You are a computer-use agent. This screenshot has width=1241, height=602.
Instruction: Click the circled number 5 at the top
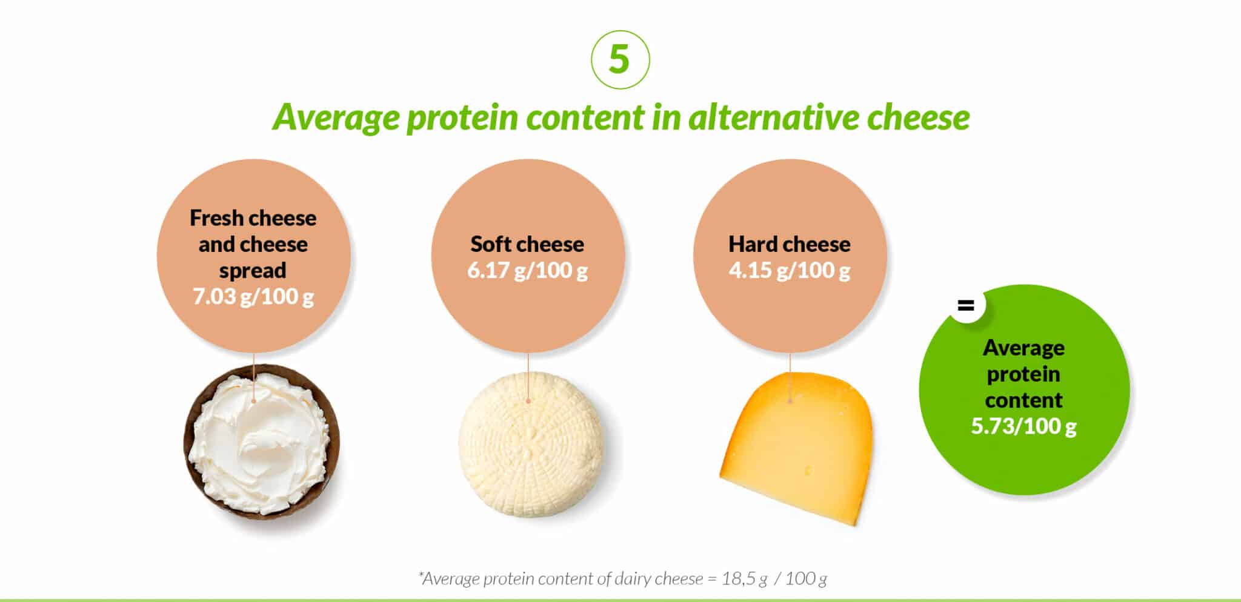[620, 59]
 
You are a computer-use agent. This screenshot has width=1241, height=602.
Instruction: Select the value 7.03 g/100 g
[253, 297]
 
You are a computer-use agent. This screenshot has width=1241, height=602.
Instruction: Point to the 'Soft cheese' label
[527, 244]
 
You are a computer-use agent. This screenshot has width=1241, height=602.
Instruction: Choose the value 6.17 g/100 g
[527, 270]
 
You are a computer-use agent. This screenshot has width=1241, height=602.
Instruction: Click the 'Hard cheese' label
[789, 244]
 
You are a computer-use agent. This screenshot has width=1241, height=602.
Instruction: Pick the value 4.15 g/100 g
[789, 270]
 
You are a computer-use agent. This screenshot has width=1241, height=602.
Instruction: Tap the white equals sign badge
[965, 305]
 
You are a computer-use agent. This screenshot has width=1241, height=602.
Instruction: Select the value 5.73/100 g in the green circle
[1023, 426]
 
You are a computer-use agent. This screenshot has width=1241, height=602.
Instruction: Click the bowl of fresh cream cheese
[261, 442]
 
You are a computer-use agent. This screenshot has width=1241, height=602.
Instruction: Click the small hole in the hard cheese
[808, 470]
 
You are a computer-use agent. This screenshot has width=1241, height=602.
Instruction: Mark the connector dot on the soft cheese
[528, 400]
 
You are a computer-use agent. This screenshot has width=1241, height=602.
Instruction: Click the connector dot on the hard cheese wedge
[790, 400]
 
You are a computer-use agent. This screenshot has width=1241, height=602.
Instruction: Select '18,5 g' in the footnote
[745, 579]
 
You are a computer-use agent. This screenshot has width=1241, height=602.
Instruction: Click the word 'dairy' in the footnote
[634, 579]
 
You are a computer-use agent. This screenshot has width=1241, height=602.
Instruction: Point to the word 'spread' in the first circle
[253, 271]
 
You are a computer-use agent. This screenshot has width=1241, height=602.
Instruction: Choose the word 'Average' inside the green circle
[1023, 348]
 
